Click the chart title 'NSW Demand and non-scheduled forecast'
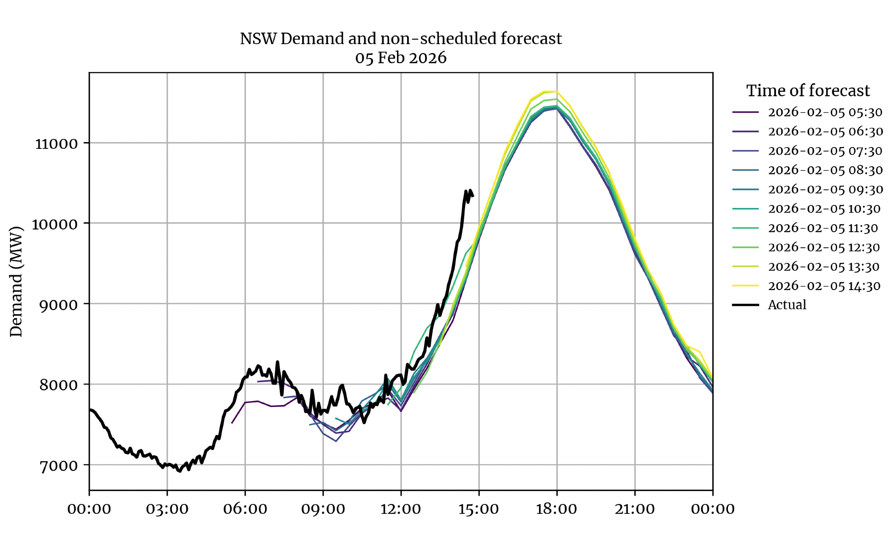click(x=401, y=39)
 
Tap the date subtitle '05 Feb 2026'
click(x=401, y=58)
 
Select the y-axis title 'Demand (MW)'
click(x=16, y=282)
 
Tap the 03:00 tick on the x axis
click(x=167, y=508)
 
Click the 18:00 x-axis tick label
click(x=556, y=508)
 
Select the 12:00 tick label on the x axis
click(x=401, y=508)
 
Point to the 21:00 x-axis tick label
click(x=634, y=508)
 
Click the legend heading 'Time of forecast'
click(x=808, y=91)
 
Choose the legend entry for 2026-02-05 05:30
click(x=825, y=112)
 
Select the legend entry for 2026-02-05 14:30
click(x=824, y=286)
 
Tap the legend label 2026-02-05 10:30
click(x=824, y=209)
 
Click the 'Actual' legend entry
click(x=787, y=305)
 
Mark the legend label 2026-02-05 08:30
click(x=825, y=170)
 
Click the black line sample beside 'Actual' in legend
click(x=745, y=305)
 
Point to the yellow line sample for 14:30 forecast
click(x=745, y=286)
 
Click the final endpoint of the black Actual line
click(x=473, y=196)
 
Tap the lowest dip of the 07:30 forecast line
click(x=336, y=441)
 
